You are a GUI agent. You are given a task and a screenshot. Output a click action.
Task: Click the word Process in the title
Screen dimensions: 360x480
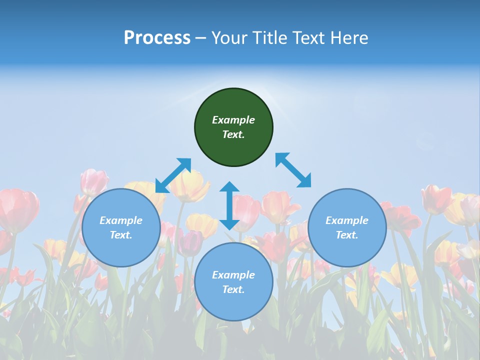click(x=157, y=38)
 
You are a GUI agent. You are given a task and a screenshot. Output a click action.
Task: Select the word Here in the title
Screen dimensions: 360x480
click(x=348, y=38)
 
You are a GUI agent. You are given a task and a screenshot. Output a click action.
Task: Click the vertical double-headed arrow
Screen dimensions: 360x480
click(x=229, y=205)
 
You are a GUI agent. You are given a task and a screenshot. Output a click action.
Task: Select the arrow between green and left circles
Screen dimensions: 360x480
click(x=173, y=175)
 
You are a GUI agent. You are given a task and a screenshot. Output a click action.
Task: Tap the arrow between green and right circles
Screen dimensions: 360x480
click(x=293, y=170)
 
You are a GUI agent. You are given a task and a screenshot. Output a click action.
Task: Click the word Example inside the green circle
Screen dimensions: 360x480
click(x=233, y=120)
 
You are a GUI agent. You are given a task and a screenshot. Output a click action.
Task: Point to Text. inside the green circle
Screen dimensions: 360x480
click(x=233, y=134)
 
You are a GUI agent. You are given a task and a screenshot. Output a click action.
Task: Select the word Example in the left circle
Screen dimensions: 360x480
click(x=121, y=220)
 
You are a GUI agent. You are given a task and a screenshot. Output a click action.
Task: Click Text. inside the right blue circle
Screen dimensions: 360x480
click(x=347, y=235)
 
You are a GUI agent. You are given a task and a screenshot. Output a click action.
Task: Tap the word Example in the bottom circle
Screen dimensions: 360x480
click(x=233, y=275)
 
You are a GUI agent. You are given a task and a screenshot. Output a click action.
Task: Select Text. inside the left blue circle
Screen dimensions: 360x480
click(x=121, y=235)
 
